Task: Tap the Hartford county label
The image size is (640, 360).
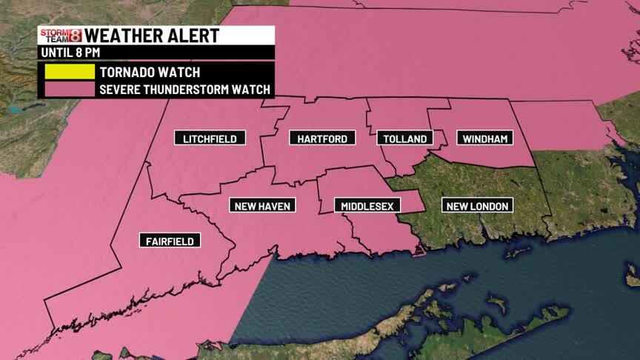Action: click(322, 139)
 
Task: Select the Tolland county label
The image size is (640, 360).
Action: click(405, 139)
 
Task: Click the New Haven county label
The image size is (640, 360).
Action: click(262, 205)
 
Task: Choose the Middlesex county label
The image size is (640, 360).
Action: click(367, 205)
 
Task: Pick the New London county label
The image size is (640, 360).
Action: click(478, 205)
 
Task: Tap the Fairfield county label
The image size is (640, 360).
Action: click(170, 241)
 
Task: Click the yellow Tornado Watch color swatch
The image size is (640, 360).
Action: click(69, 73)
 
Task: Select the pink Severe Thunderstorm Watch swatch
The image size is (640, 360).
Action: click(69, 90)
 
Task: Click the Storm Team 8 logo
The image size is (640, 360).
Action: click(61, 36)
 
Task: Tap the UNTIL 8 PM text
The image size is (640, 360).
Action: click(70, 53)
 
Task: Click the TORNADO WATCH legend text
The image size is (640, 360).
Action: click(150, 73)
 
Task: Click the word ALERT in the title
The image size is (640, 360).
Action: click(193, 36)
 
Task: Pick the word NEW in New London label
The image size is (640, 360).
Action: click(457, 205)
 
